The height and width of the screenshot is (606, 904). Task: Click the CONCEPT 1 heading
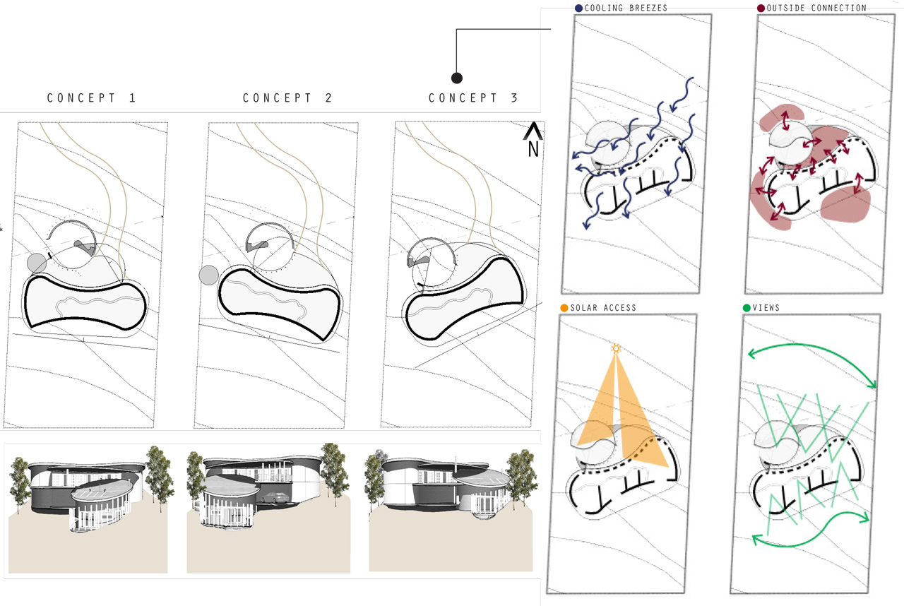coord(91,98)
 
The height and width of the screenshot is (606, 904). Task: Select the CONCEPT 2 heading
coord(287,98)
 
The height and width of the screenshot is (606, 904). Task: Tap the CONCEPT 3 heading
coord(473,98)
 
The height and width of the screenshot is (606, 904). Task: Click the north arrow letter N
coord(533,149)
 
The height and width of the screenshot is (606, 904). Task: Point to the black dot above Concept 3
coord(457,78)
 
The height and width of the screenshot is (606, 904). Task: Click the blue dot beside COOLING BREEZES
coord(578,8)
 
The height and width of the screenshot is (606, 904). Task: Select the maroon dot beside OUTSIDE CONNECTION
coord(761,8)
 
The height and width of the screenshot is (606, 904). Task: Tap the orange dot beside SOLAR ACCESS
coord(564,308)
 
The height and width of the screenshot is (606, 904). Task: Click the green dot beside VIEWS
coord(747,308)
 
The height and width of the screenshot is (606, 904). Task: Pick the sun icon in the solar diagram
coord(616,348)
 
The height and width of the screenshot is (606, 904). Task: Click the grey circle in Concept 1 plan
coord(36,263)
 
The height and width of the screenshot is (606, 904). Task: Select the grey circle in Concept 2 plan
coord(208,275)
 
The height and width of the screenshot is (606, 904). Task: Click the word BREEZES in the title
coord(646,8)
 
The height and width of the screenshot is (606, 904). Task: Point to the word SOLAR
coord(583,308)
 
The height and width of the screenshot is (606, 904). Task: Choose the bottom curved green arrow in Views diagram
coord(812,526)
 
